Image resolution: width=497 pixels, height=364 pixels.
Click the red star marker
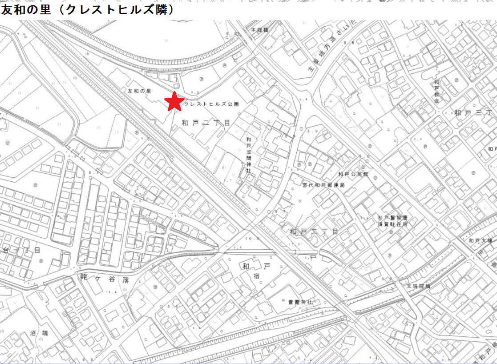pyautogui.click(x=174, y=101)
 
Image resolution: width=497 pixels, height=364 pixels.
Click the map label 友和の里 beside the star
pyautogui.click(x=140, y=91)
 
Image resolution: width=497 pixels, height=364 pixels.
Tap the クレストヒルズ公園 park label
pyautogui.click(x=212, y=104)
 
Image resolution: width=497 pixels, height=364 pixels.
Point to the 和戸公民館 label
pyautogui.click(x=353, y=174)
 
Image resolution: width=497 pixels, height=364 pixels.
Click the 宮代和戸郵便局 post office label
pyautogui.click(x=323, y=184)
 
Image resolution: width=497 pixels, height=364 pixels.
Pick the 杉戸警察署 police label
pyautogui.click(x=393, y=218)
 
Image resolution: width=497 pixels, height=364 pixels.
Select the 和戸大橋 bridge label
pyautogui.click(x=480, y=241)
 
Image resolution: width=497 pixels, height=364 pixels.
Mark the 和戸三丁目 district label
pyautogui.click(x=474, y=113)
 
